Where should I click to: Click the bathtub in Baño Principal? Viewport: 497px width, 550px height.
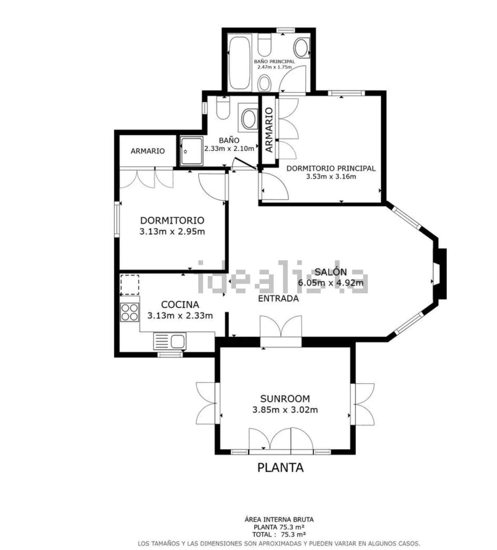(x=240, y=63)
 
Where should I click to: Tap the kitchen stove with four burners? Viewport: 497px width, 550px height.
(x=129, y=312)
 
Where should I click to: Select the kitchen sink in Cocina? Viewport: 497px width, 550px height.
(x=169, y=341)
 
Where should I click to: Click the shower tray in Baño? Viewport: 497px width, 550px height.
(x=191, y=151)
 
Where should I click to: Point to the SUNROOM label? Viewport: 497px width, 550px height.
(x=285, y=398)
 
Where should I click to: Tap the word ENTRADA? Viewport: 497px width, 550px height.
(x=278, y=299)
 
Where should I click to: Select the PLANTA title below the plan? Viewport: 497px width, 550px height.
(x=281, y=468)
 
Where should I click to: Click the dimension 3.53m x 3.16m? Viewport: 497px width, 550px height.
(x=331, y=176)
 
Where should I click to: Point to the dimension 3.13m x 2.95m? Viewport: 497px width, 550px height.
(x=172, y=231)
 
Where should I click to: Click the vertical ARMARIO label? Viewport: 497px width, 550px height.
(x=269, y=130)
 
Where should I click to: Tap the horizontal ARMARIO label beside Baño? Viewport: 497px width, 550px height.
(x=148, y=151)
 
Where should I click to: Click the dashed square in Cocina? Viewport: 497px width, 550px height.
(x=130, y=285)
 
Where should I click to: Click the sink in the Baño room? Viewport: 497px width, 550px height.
(x=249, y=119)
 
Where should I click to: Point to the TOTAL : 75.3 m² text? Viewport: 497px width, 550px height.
(x=279, y=534)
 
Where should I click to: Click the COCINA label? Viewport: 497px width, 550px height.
(x=180, y=304)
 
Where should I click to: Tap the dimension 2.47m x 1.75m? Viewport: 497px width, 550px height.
(x=274, y=67)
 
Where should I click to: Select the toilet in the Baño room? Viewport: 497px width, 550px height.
(x=223, y=108)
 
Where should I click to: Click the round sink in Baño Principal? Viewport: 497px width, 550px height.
(x=302, y=48)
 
